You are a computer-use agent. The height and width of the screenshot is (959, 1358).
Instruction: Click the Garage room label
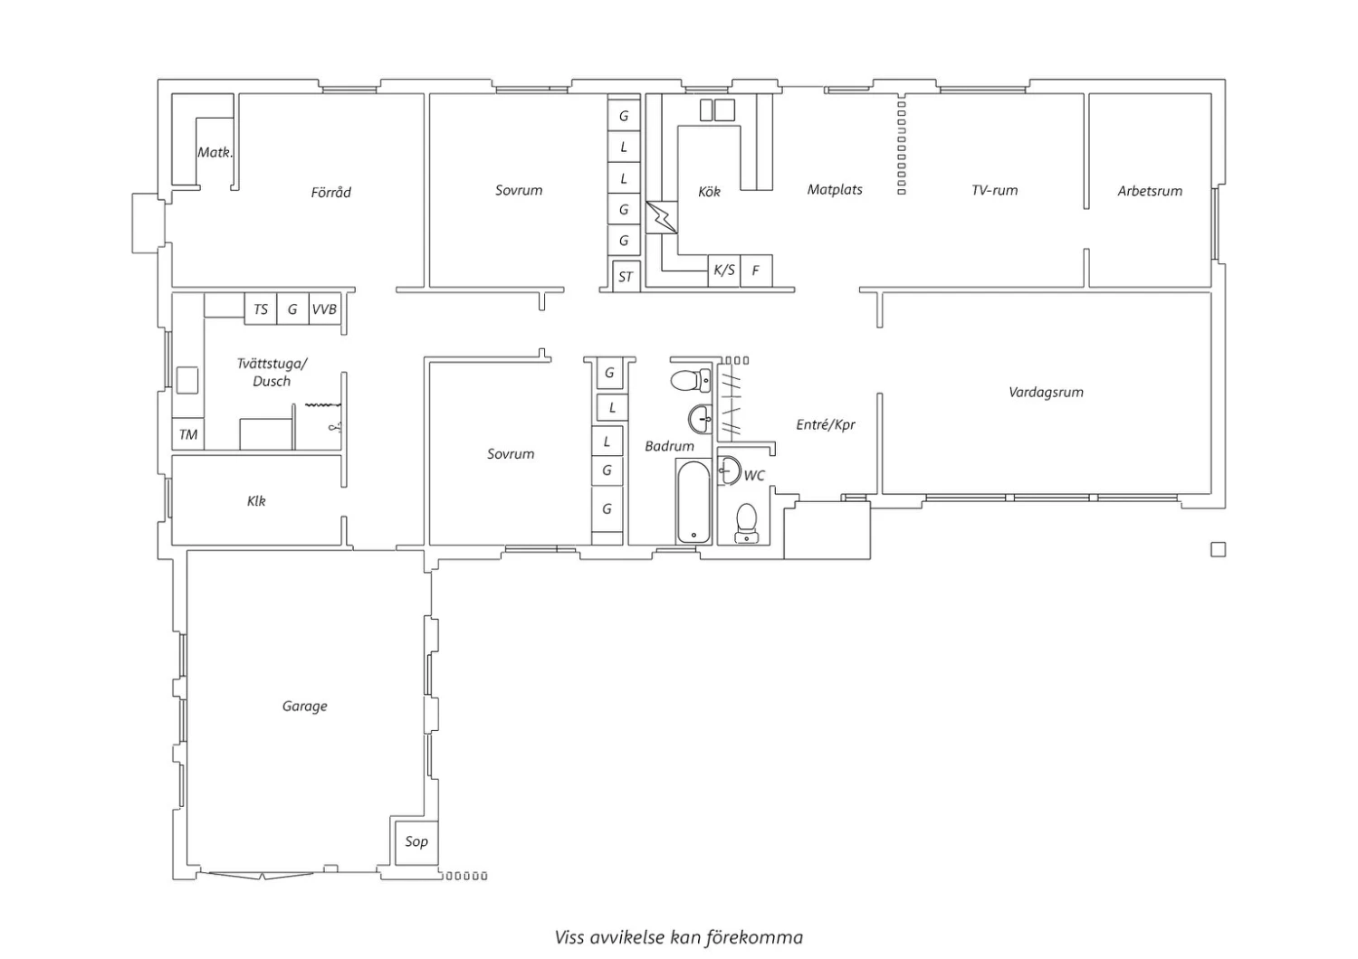[304, 707]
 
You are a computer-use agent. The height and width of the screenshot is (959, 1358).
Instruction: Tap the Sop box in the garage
[416, 842]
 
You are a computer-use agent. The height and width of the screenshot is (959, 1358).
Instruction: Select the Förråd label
[331, 193]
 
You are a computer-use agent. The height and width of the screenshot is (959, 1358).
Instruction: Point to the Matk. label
[215, 152]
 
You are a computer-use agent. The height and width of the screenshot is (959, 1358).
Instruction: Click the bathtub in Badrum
[693, 502]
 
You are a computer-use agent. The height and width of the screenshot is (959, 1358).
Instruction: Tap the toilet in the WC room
[746, 523]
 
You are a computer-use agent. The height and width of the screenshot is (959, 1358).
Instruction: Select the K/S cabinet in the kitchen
[724, 271]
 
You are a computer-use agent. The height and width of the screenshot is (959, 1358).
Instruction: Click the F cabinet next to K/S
[756, 271]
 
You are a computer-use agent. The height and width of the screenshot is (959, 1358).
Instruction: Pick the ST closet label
[626, 277]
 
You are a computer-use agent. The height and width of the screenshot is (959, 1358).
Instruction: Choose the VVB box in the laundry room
[324, 309]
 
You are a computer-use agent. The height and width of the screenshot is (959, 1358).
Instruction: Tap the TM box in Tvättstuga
[188, 434]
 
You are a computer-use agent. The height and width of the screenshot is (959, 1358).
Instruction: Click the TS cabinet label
[261, 309]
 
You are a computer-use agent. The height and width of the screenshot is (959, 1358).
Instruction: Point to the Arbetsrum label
[1150, 191]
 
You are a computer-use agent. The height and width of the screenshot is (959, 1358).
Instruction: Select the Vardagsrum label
[1046, 393]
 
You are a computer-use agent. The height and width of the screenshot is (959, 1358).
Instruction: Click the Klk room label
[256, 501]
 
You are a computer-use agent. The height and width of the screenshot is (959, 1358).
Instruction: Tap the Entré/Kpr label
[826, 424]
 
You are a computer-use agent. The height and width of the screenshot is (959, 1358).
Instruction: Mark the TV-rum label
[994, 190]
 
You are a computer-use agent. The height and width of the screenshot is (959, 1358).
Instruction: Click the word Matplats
[835, 190]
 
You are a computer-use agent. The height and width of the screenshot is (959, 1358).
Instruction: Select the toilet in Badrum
[691, 381]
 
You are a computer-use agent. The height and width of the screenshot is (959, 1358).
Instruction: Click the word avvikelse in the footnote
[627, 937]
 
